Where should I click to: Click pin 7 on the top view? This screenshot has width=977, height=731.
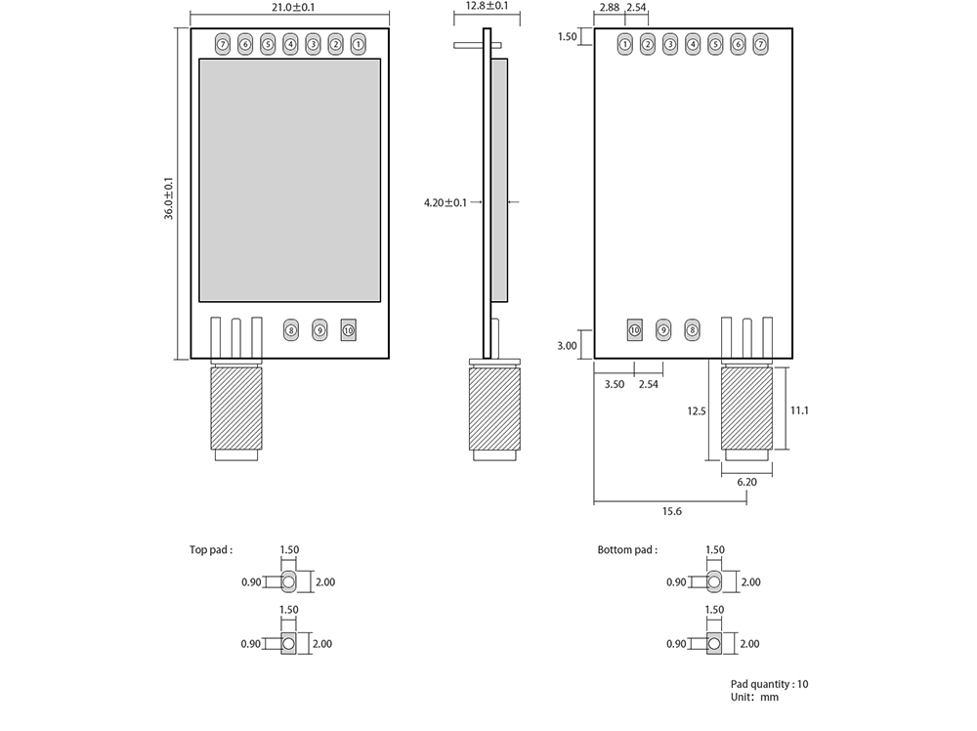tap(223, 44)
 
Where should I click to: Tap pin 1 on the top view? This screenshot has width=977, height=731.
tap(359, 44)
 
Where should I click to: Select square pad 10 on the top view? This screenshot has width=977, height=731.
tap(349, 330)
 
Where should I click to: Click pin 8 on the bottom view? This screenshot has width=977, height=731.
tap(693, 330)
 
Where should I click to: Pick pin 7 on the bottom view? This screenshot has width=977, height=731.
tap(760, 44)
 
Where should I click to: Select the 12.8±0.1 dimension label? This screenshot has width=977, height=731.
tap(487, 6)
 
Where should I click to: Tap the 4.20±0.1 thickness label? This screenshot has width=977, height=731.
tap(445, 203)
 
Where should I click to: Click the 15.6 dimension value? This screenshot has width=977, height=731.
tap(672, 512)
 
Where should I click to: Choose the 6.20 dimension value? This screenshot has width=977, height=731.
tap(746, 482)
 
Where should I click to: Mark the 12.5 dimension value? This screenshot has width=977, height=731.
tap(696, 411)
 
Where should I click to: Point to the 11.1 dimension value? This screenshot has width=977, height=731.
tap(799, 410)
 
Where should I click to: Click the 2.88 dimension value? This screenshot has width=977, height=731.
tap(610, 8)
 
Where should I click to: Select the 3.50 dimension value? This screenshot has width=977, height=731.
tap(614, 385)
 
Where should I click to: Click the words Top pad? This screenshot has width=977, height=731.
tap(211, 550)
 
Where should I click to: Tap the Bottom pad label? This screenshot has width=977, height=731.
tap(627, 550)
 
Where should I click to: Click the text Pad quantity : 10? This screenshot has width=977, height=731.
tap(769, 684)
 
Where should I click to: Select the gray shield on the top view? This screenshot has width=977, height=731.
tap(289, 180)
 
